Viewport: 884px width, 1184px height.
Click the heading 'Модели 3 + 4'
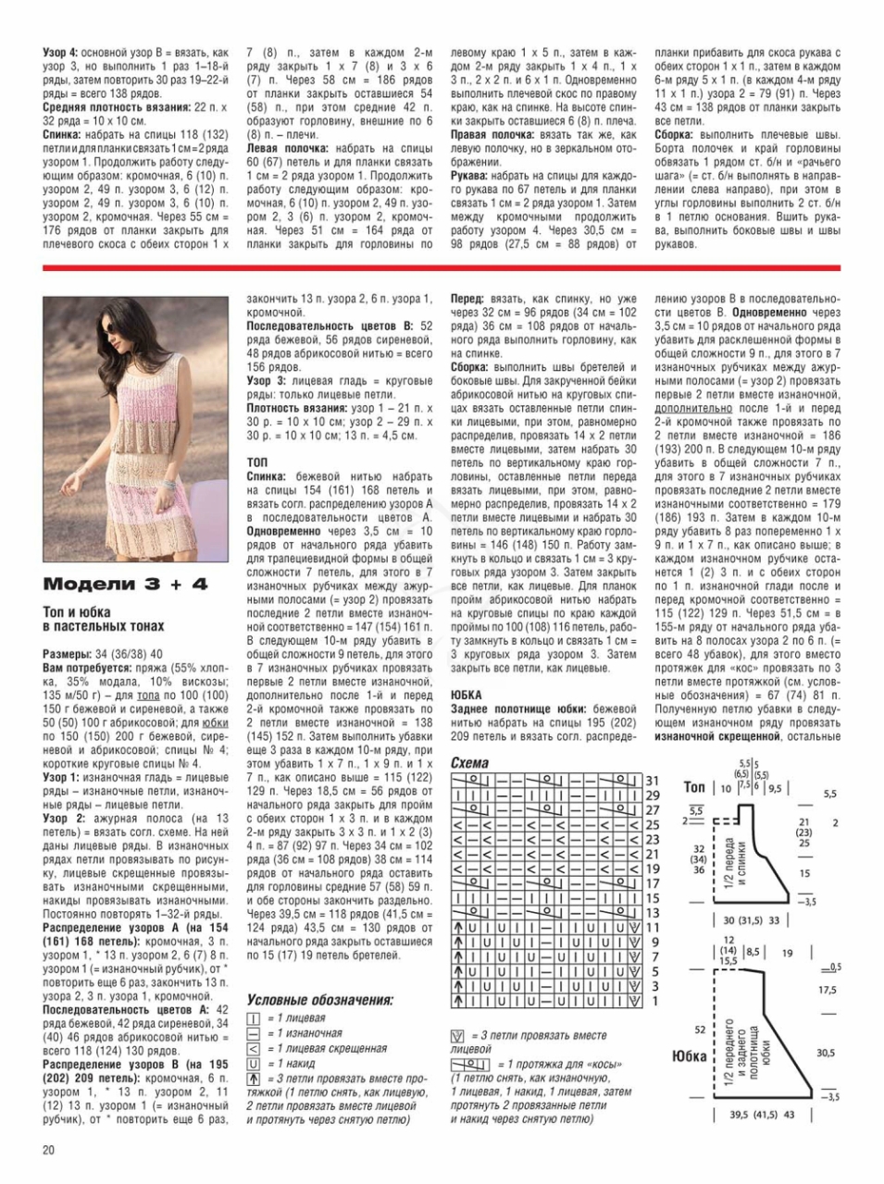point(125,584)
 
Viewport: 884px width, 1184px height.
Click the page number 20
point(48,1150)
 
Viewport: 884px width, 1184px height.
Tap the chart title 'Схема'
point(469,763)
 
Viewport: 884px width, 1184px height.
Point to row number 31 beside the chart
point(652,781)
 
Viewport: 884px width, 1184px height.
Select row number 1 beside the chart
point(652,1001)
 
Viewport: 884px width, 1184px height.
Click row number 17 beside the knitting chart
point(652,883)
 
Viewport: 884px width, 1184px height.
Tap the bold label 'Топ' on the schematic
point(694,787)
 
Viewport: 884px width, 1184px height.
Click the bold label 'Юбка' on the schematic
point(690,1055)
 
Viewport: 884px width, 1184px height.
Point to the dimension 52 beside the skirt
point(700,1029)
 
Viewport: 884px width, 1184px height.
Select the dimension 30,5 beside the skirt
point(825,1053)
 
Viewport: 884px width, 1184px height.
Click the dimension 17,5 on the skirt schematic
point(827,990)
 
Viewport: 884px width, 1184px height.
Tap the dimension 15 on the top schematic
point(804,873)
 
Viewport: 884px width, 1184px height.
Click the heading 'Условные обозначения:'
point(319,1000)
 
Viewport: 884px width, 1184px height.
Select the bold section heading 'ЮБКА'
point(467,694)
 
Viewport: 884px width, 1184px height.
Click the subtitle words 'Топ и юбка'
point(77,612)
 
